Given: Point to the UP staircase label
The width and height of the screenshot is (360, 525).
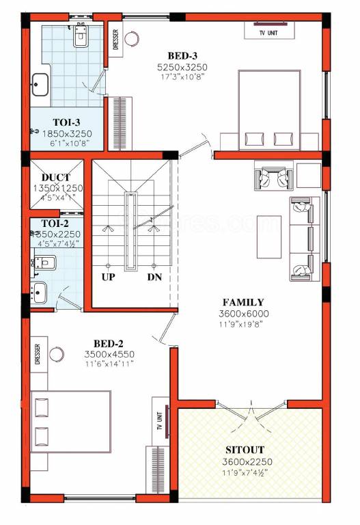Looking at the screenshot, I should click(x=108, y=278).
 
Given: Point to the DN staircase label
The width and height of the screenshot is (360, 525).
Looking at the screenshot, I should click(x=154, y=278).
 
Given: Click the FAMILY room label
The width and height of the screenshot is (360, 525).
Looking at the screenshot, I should click(x=243, y=302).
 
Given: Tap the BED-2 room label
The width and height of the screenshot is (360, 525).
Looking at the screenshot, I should click(x=109, y=343).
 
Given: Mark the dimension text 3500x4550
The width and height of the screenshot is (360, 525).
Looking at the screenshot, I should click(x=109, y=354).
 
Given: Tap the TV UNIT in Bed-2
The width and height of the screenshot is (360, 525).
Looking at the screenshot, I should click(x=158, y=419).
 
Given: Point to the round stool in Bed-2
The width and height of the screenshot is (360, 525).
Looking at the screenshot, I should click(x=57, y=353).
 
